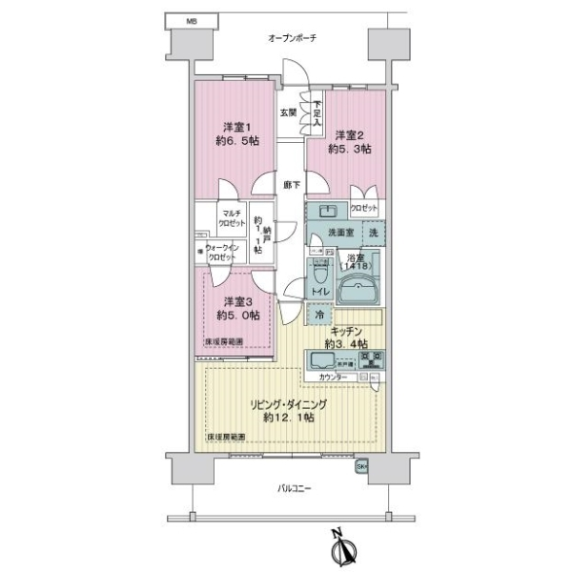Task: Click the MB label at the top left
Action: (x=192, y=19)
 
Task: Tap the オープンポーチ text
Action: (x=292, y=37)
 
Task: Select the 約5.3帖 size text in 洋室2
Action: (x=350, y=149)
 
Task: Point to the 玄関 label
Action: (x=287, y=112)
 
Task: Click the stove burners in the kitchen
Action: (x=373, y=359)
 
